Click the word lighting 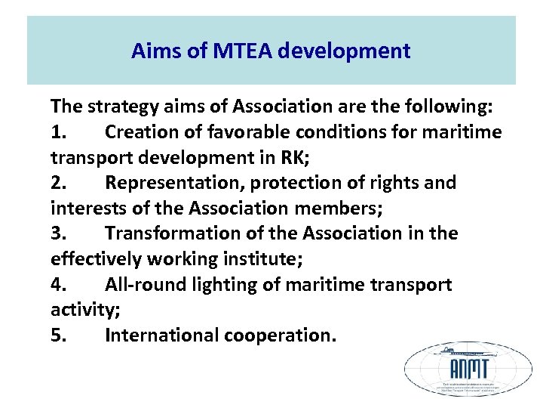pyautogui.click(x=226, y=285)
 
